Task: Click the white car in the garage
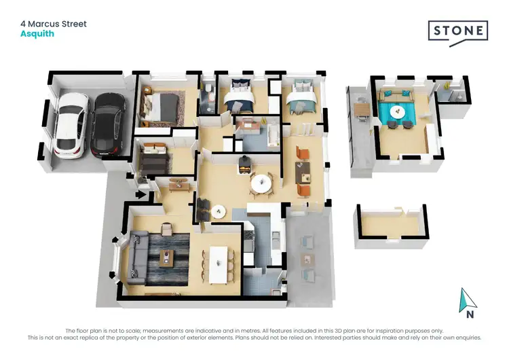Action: pyautogui.click(x=71, y=124)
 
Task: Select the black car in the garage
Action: pyautogui.click(x=105, y=124)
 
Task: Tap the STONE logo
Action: pyautogui.click(x=457, y=31)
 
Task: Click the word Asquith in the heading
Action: pyautogui.click(x=37, y=34)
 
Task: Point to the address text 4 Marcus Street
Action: pyautogui.click(x=54, y=24)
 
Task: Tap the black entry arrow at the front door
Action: pyautogui.click(x=142, y=195)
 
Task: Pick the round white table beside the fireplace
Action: pyautogui.click(x=261, y=183)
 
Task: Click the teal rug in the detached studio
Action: pyautogui.click(x=399, y=113)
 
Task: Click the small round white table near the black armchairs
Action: pyautogui.click(x=218, y=211)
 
